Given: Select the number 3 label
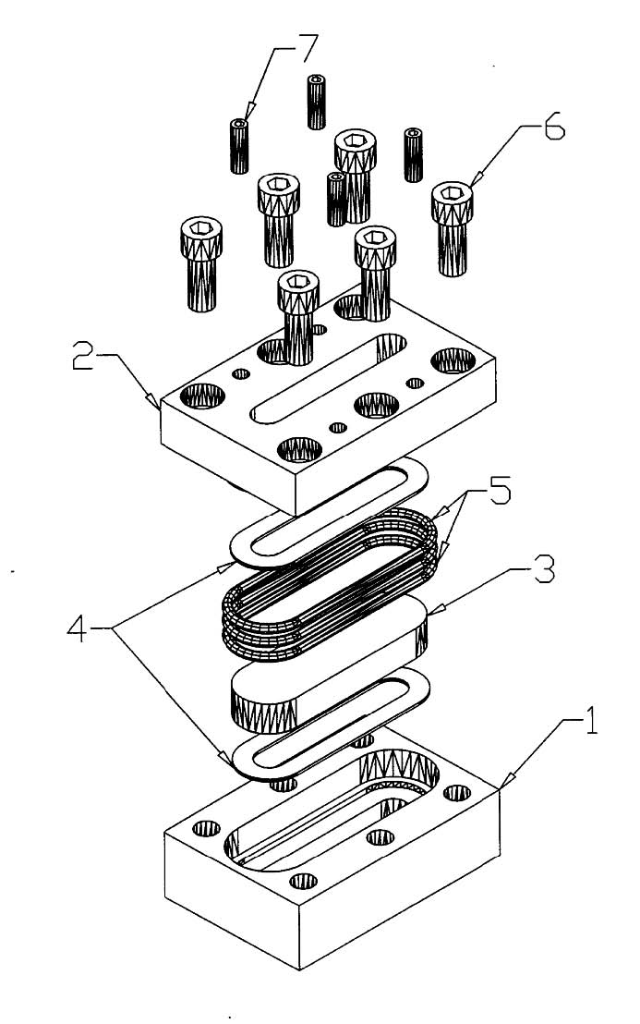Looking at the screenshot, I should [x=542, y=572].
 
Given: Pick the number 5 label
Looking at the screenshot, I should [x=500, y=492].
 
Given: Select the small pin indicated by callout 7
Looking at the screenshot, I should [x=240, y=146].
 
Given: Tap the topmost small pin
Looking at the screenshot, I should [x=317, y=101].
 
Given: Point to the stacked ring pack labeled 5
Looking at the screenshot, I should [x=328, y=591].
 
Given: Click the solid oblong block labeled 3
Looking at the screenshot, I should [x=328, y=661].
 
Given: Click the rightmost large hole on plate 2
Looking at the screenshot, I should [x=453, y=361].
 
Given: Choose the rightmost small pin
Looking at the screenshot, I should [x=414, y=154].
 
